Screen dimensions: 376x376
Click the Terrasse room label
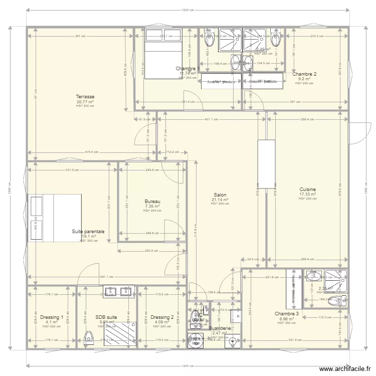click(x=85, y=97)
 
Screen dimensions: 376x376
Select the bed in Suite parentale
click(x=55, y=218)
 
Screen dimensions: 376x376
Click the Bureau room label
click(x=152, y=202)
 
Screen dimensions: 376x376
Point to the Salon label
click(x=220, y=195)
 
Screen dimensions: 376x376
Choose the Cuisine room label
click(x=307, y=190)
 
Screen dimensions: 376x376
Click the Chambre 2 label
click(x=305, y=74)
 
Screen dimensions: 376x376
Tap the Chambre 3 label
click(x=287, y=314)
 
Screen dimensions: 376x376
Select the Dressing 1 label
click(x=52, y=317)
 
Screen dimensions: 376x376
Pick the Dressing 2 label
click(x=162, y=317)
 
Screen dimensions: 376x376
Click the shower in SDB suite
click(x=120, y=332)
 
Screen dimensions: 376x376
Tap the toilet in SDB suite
click(x=89, y=339)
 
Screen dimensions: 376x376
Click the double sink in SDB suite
click(x=119, y=291)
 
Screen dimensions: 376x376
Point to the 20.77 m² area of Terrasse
click(x=85, y=102)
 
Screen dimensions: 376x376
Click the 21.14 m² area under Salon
click(x=220, y=200)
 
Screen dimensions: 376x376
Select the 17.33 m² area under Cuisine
click(x=307, y=194)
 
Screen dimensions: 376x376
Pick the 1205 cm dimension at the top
click(x=187, y=11)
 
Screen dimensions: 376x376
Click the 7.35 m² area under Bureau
click(x=152, y=206)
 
